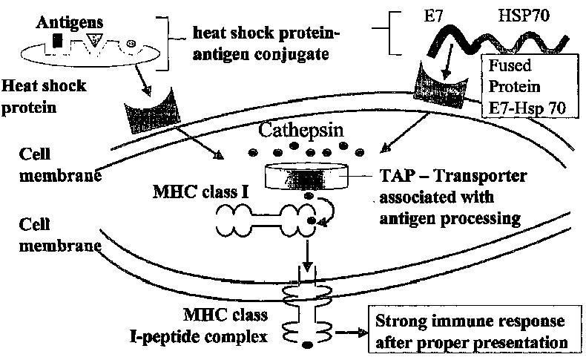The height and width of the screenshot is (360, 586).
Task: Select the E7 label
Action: [410, 14]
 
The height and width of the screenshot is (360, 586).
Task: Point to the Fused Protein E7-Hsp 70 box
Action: [526, 86]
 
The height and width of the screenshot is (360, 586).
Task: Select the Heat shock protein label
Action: [45, 94]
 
